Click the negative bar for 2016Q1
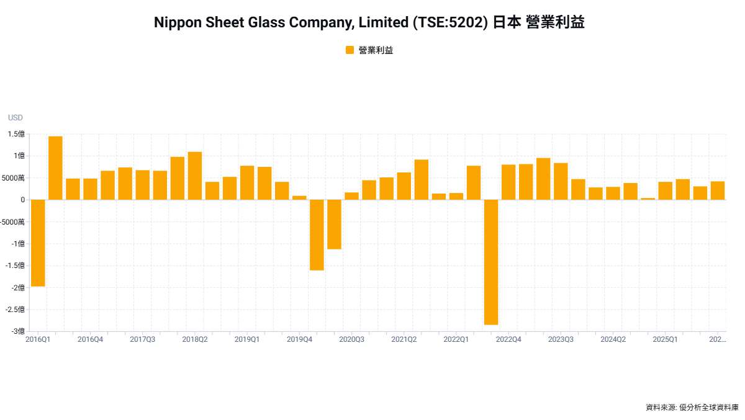pyautogui.click(x=38, y=243)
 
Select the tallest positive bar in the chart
pyautogui.click(x=55, y=168)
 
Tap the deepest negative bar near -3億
pyautogui.click(x=491, y=262)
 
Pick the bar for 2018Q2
pyautogui.click(x=195, y=176)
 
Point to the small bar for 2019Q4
pyautogui.click(x=299, y=198)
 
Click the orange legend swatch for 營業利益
pyautogui.click(x=350, y=50)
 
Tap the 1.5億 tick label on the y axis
pyautogui.click(x=17, y=134)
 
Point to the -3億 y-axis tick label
pyautogui.click(x=17, y=331)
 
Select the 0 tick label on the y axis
pyautogui.click(x=22, y=200)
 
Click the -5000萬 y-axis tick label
pyautogui.click(x=13, y=221)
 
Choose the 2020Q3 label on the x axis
pyautogui.click(x=351, y=340)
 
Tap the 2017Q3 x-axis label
pyautogui.click(x=143, y=340)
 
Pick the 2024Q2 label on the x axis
pyautogui.click(x=613, y=340)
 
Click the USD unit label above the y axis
pyautogui.click(x=15, y=118)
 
